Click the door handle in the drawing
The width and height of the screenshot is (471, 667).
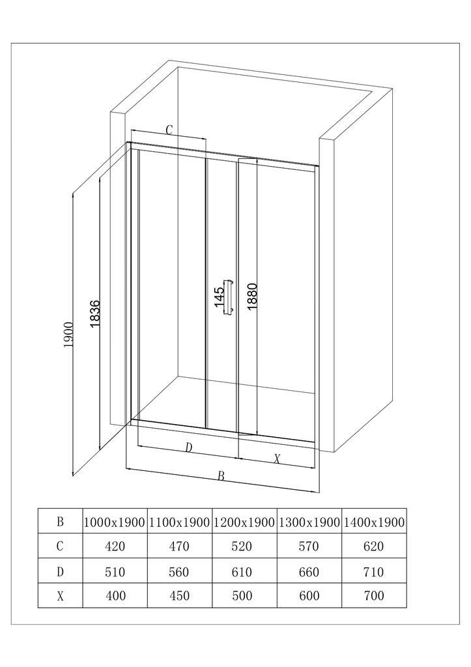coord(229,297)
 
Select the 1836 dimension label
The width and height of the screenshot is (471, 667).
coord(94,314)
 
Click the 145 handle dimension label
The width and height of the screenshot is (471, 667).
coord(219,294)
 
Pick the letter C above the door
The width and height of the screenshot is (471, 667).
coord(169,130)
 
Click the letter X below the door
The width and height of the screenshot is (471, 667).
coord(277,459)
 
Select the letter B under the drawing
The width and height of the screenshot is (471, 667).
coord(221,476)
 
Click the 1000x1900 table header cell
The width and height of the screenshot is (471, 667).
coord(115,522)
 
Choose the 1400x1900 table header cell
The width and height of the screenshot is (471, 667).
coord(373,522)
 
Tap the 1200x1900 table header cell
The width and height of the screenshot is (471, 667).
coord(244,522)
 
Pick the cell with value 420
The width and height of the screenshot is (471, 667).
coord(115,546)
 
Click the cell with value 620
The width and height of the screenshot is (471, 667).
coord(373,546)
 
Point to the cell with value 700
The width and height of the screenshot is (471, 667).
coord(374,595)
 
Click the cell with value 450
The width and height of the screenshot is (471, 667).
coord(180,595)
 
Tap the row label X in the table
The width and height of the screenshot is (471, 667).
coord(60,596)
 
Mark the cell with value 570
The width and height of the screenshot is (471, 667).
coord(309,546)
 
